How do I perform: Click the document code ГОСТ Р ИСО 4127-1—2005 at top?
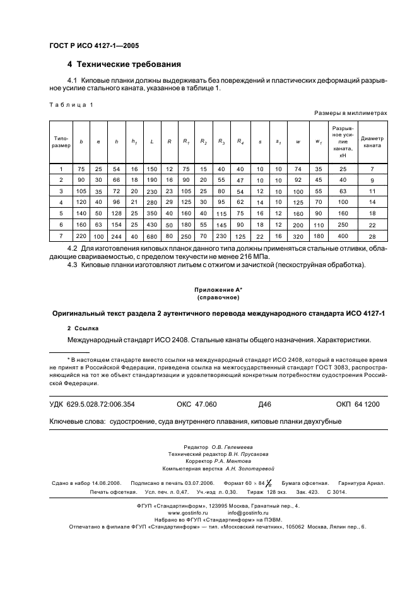point(94,46)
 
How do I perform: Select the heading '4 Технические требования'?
point(124,64)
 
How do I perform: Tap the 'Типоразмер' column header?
point(61,141)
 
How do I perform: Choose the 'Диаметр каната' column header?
point(372,141)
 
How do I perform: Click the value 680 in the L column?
point(152,236)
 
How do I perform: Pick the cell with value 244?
point(116,236)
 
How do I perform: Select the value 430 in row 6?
point(152,225)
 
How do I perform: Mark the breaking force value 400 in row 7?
point(343,236)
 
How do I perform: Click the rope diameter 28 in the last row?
point(372,236)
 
